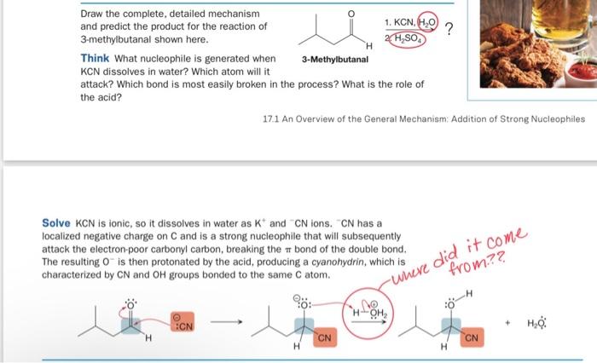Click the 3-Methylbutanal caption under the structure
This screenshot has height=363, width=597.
point(335,59)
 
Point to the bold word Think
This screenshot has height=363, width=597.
point(94,58)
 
